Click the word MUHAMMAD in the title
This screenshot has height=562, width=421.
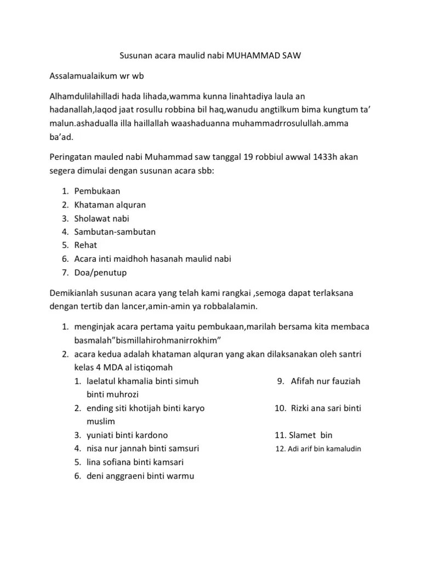[x=253, y=56]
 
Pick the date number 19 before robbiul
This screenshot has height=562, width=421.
[x=247, y=158]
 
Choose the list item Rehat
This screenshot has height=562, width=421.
[x=86, y=245]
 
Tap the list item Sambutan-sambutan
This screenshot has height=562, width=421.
[x=115, y=232]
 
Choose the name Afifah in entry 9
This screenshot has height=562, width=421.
[x=303, y=381]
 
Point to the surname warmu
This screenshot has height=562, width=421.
[x=180, y=476]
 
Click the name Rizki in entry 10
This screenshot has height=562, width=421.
[x=302, y=408]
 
